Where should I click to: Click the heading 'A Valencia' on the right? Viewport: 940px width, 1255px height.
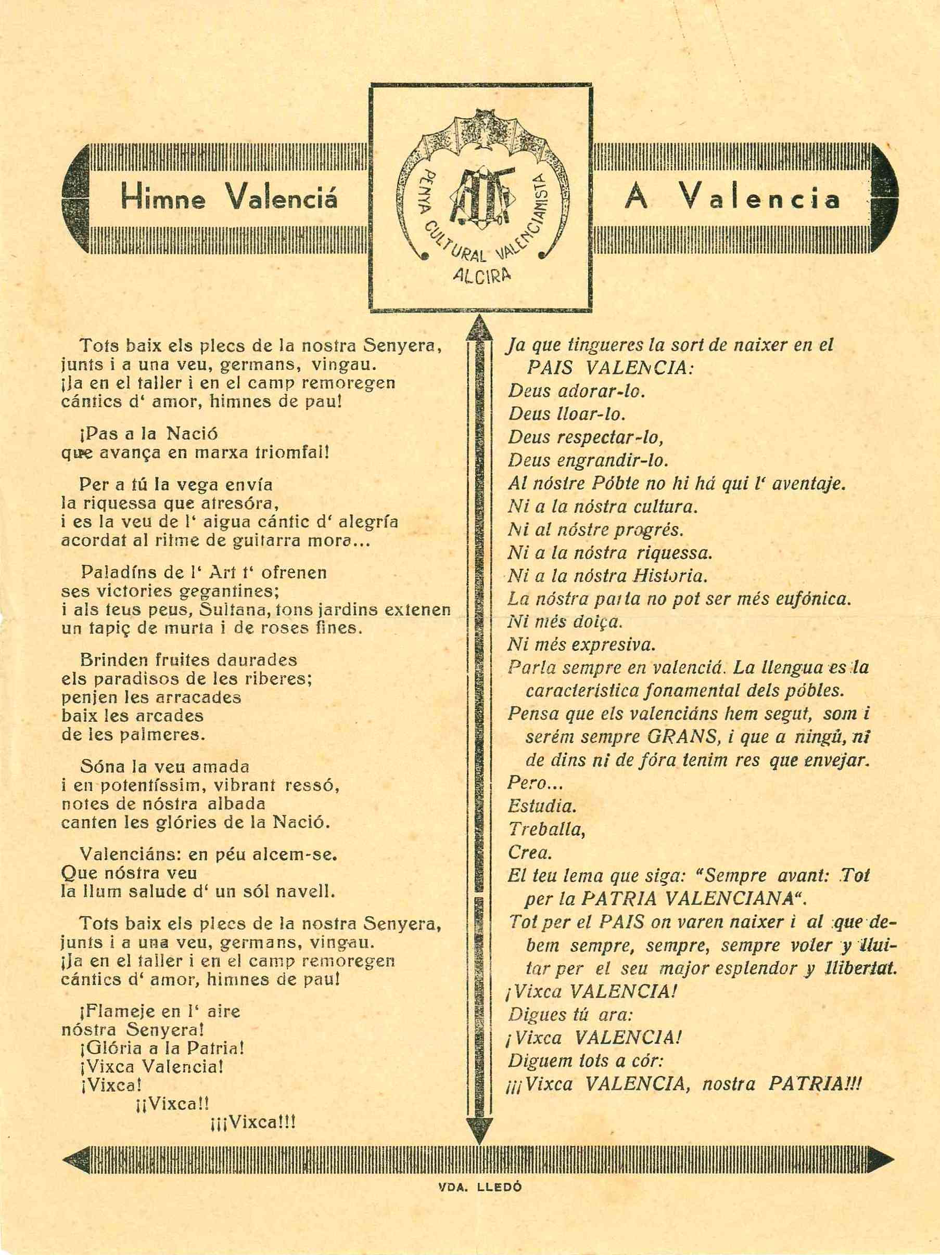click(732, 199)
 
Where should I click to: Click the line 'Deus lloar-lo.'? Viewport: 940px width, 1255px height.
click(566, 413)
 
